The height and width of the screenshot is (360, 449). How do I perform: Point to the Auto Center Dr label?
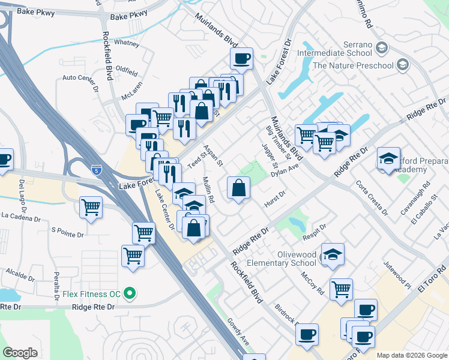coord(80,78)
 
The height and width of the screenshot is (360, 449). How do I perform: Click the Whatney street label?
coord(127,43)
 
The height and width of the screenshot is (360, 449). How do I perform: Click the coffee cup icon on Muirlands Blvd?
coord(242,59)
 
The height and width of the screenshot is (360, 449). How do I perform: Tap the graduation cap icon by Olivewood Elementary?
coord(333,254)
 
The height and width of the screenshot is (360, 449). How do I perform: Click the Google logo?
coord(20,352)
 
